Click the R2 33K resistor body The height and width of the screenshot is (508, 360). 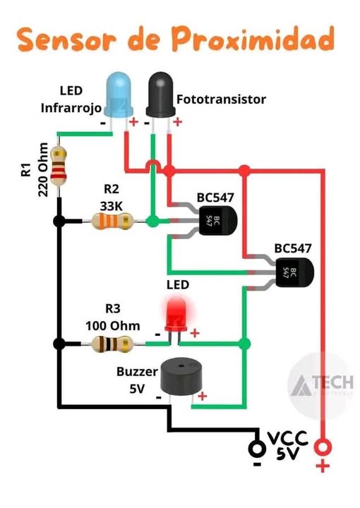pyautogui.click(x=112, y=222)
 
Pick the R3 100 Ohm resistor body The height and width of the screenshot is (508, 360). pyautogui.click(x=112, y=344)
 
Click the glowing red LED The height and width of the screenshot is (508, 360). pyautogui.click(x=175, y=314)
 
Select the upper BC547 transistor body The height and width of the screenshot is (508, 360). pyautogui.click(x=216, y=219)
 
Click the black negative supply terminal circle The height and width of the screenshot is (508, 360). pyautogui.click(x=257, y=448)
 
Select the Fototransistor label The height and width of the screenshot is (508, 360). pyautogui.click(x=222, y=99)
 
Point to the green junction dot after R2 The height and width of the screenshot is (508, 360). pyautogui.click(x=152, y=222)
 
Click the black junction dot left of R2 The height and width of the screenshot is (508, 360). pyautogui.click(x=59, y=222)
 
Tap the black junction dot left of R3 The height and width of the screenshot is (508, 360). pyautogui.click(x=59, y=344)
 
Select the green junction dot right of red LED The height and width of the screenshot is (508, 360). pyautogui.click(x=244, y=344)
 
